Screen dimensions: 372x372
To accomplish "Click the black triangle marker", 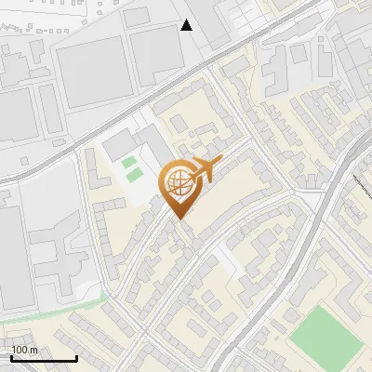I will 187,25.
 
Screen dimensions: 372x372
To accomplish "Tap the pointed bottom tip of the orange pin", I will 178,219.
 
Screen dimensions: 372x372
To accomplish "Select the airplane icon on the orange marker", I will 204,169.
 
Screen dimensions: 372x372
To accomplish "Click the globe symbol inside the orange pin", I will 177,184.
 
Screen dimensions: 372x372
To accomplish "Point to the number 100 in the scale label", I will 20,349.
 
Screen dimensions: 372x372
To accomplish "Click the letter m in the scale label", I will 33,349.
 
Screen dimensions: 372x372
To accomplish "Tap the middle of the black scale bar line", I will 44,357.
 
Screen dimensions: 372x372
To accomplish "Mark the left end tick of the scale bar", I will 11,355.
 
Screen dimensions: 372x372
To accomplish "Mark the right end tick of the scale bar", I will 76,355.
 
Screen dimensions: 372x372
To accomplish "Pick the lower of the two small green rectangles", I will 136,175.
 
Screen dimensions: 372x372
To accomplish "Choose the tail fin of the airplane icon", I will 191,168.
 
